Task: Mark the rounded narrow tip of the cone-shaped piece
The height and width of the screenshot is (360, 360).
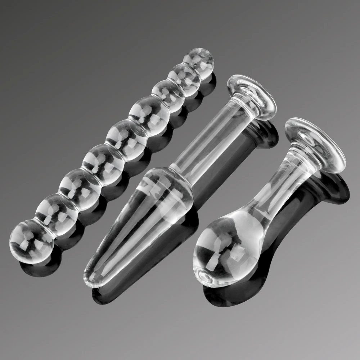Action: (x=92, y=277)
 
